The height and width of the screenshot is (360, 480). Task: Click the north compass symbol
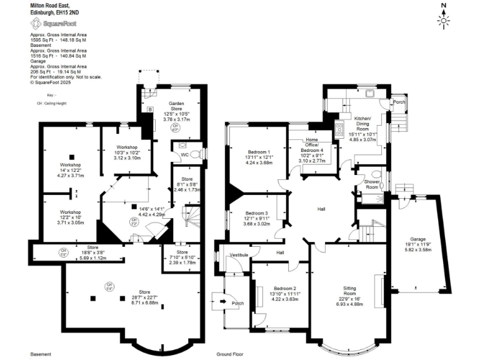coord(444,18)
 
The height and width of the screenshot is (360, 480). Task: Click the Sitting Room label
coord(349,290)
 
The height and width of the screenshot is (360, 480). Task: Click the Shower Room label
coord(373,185)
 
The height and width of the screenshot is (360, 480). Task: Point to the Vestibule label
coord(239,255)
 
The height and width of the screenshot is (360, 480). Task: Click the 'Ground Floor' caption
coord(229,353)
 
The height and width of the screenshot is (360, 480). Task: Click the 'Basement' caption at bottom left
coord(40,353)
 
